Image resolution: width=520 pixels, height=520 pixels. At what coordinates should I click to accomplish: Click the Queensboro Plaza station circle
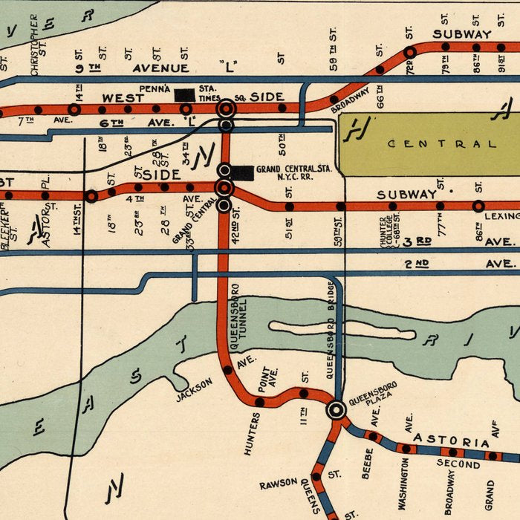click(337, 409)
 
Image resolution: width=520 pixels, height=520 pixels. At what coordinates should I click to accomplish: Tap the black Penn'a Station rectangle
click(184, 94)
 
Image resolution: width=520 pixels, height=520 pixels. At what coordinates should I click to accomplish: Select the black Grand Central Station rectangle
click(242, 172)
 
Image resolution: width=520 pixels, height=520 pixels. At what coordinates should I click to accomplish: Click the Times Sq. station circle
click(226, 108)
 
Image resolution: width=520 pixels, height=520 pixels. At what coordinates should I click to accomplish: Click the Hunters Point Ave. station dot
click(259, 402)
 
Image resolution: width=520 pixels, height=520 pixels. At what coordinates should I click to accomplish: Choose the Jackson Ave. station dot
click(227, 369)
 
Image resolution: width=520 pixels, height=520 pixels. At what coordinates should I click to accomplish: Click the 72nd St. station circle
click(409, 53)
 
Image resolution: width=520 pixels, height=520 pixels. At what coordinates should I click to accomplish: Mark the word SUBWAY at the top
click(462, 33)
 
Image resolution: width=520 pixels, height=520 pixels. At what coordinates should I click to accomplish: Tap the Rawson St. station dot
click(316, 476)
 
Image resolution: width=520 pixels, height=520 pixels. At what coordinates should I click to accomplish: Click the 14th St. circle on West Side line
click(74, 109)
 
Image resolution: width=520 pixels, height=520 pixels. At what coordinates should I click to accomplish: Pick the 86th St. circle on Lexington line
click(478, 206)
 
